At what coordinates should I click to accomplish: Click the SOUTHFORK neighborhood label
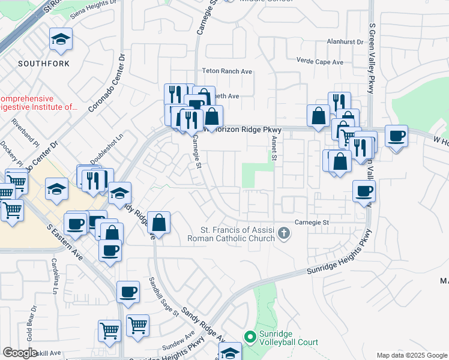click(44, 64)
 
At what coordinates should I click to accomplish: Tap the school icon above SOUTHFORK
click(61, 40)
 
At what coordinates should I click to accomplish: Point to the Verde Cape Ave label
click(320, 61)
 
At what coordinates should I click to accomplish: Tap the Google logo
click(20, 353)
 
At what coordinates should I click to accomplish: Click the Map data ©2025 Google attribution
click(411, 355)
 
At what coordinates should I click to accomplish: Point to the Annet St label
click(273, 147)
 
